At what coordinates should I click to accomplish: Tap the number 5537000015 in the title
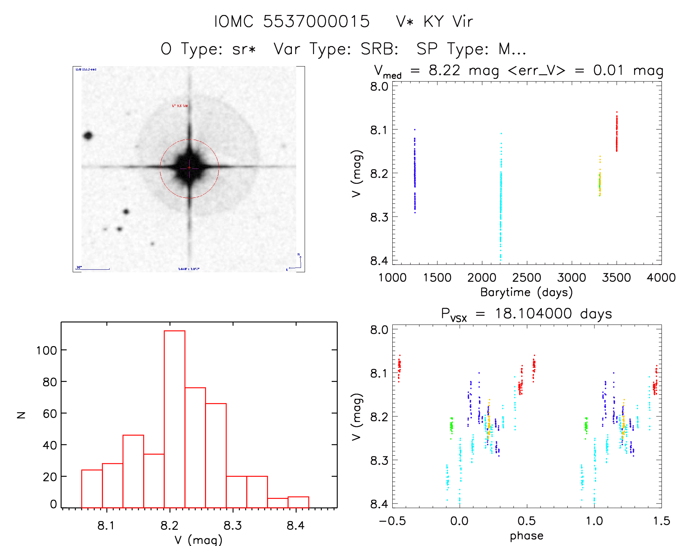coord(316,22)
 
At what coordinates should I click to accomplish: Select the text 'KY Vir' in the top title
coord(448,22)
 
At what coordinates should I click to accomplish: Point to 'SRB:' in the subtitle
coord(380,49)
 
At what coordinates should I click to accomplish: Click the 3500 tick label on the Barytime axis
coord(616,278)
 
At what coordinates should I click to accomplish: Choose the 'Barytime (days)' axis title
coord(526,292)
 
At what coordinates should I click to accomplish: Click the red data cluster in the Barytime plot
coord(617,133)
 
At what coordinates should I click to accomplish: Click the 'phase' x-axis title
coord(526,536)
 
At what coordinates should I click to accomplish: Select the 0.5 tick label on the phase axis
coord(526,521)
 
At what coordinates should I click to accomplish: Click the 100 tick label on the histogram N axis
coord(46,350)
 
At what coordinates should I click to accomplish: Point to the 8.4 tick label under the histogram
coord(296,526)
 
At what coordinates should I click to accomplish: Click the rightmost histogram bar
coord(298,502)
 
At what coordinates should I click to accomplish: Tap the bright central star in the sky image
coord(189,168)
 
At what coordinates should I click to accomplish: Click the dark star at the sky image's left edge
coord(88,136)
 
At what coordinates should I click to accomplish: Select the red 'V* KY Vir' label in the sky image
coord(180,106)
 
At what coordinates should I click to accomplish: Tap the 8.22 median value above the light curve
coord(444,70)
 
